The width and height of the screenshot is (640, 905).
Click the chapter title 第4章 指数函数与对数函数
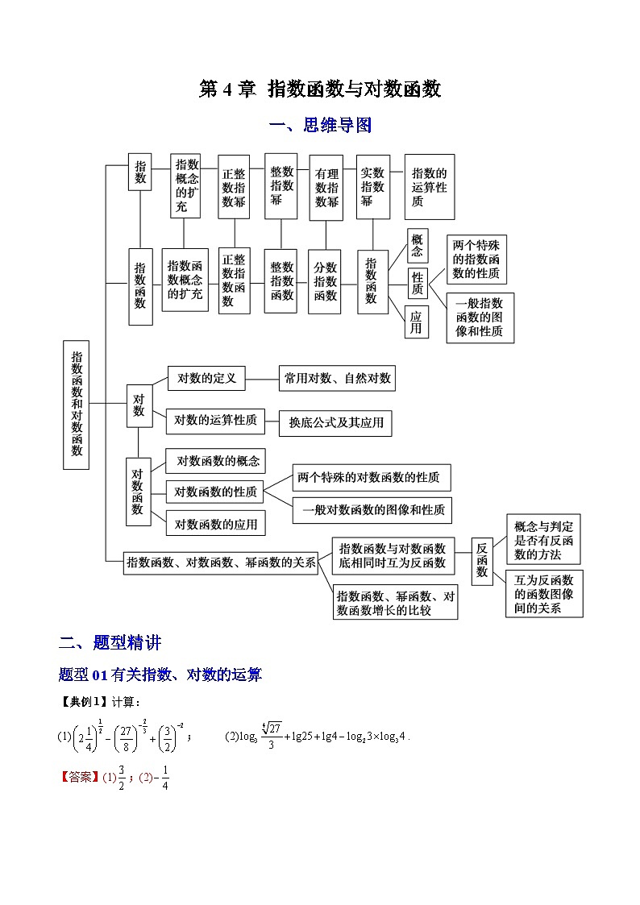tap(320, 89)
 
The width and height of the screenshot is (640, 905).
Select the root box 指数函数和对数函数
tap(77, 404)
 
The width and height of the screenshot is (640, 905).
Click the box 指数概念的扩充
tap(186, 186)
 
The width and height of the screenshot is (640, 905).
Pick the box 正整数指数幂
tap(234, 188)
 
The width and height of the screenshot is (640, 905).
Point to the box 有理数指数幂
tap(326, 188)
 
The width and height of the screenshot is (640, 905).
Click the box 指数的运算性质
tap(429, 188)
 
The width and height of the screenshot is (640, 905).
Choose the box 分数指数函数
tap(326, 281)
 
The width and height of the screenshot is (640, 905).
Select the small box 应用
tap(416, 322)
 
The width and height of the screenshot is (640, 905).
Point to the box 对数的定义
tap(206, 377)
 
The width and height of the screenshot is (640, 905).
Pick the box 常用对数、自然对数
tap(336, 377)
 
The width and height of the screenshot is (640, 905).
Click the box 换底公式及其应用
tap(335, 422)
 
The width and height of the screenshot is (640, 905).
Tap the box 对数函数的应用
tap(215, 524)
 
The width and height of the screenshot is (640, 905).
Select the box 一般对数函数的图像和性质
tap(372, 510)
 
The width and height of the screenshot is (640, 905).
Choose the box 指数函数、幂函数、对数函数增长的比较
tap(395, 603)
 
